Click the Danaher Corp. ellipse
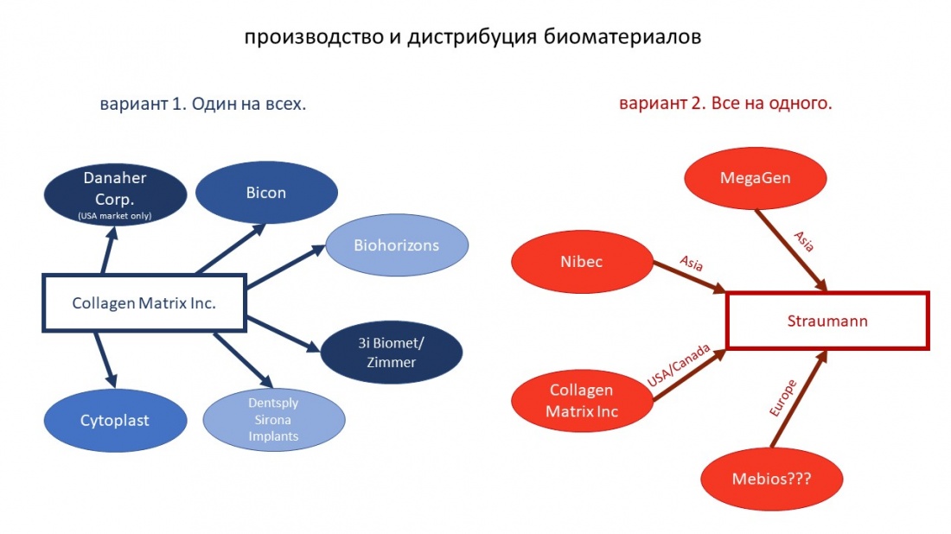tap(115, 194)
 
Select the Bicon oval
tap(265, 193)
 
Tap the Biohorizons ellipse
tap(396, 245)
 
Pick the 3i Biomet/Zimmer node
tap(392, 352)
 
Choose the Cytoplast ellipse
tap(115, 421)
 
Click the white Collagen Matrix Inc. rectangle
tap(144, 303)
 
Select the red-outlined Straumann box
tap(827, 321)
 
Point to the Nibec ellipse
tap(569, 262)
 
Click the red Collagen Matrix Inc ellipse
tap(582, 401)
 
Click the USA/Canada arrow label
tap(680, 366)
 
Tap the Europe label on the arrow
tap(782, 398)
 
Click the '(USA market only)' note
tap(115, 216)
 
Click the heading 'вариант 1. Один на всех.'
tap(204, 105)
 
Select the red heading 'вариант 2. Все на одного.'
tap(725, 104)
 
